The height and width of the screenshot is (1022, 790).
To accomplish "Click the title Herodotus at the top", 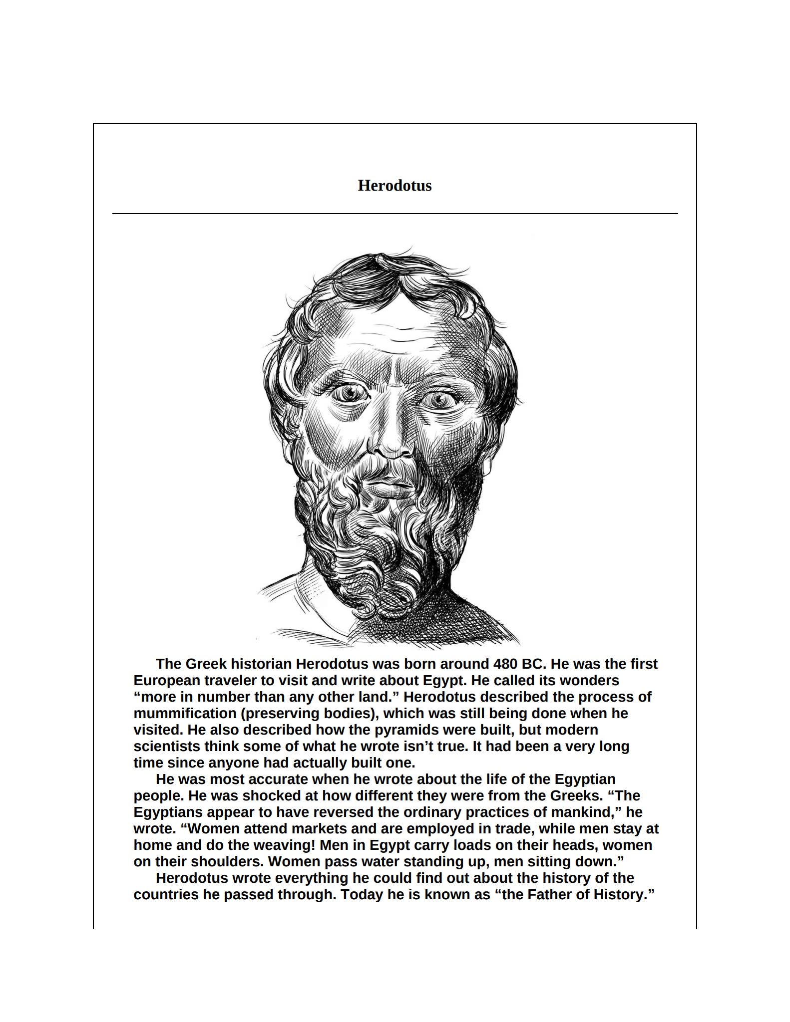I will (395, 186).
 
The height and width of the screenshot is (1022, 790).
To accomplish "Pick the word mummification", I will (184, 714).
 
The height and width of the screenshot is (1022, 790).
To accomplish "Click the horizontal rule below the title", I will (395, 214).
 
